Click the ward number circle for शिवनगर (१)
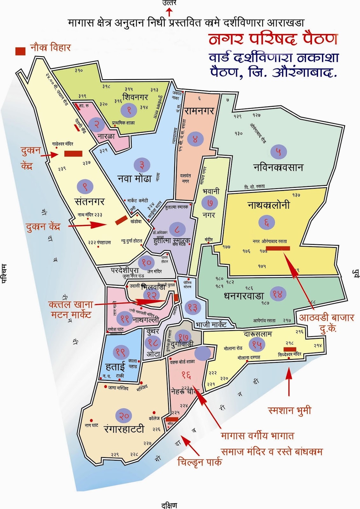[129, 110]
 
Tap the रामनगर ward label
[200, 111]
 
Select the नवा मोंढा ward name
[135, 178]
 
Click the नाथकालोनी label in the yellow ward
[269, 205]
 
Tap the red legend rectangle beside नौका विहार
[20, 51]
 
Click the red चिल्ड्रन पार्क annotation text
[199, 462]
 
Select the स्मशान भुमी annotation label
[289, 410]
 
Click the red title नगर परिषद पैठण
[273, 39]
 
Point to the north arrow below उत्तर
[169, 12]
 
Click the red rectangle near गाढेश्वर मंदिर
[73, 154]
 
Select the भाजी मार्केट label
[211, 325]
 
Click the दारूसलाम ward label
[258, 334]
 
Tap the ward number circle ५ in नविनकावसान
[278, 152]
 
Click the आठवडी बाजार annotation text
[326, 317]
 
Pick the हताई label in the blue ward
[115, 367]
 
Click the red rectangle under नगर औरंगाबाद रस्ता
[278, 248]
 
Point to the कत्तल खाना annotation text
[71, 304]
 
